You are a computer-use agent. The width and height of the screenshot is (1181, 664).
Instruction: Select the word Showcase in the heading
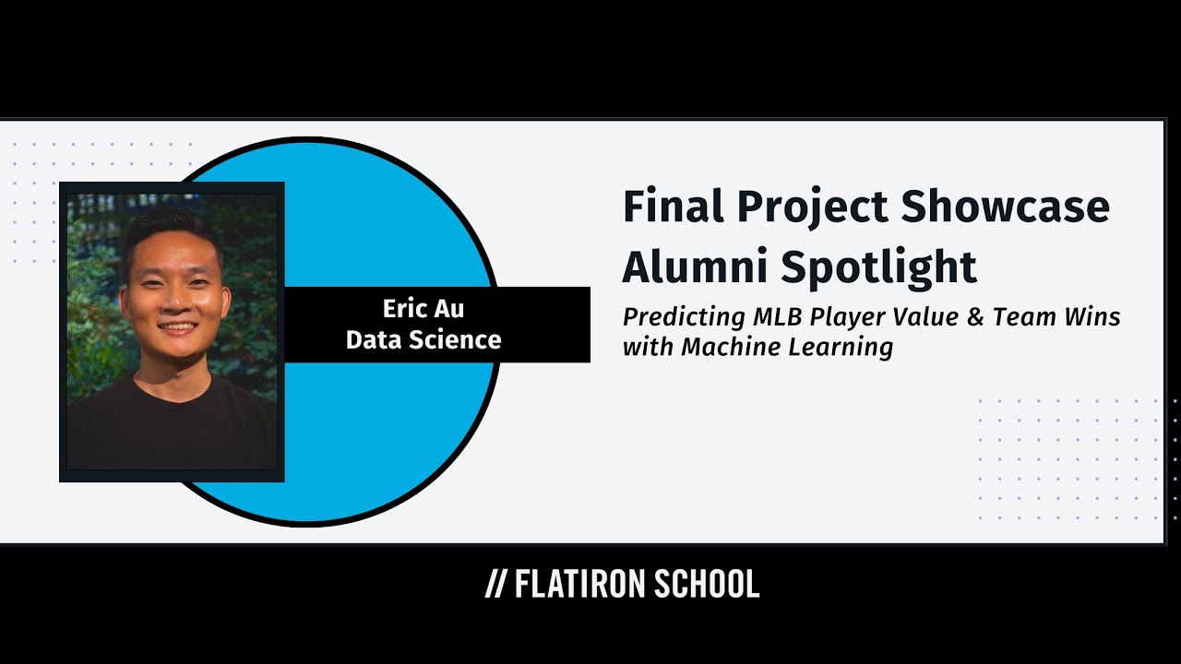point(1005,207)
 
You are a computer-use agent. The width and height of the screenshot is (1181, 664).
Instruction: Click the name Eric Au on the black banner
point(423,308)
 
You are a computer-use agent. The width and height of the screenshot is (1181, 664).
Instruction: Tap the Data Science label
point(423,339)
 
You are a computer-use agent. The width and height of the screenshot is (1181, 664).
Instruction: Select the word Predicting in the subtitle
point(684,318)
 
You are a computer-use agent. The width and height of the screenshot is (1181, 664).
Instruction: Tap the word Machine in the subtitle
point(729,347)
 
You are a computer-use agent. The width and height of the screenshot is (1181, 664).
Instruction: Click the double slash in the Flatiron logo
point(496,584)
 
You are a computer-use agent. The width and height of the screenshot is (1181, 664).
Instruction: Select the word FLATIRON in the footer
point(579,584)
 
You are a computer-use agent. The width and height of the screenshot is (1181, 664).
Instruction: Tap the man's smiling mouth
point(176,327)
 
